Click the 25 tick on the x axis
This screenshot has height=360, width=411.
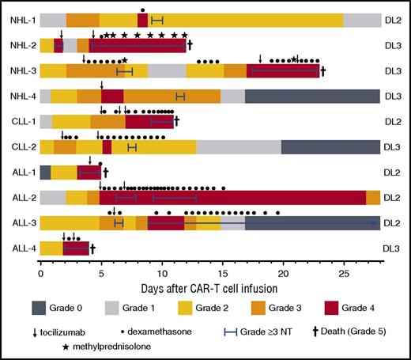pyautogui.click(x=344, y=271)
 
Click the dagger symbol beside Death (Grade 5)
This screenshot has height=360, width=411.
pyautogui.click(x=315, y=330)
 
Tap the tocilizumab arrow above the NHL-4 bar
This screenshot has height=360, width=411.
pyautogui.click(x=101, y=85)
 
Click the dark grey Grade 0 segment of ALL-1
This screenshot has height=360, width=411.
pyautogui.click(x=45, y=172)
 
